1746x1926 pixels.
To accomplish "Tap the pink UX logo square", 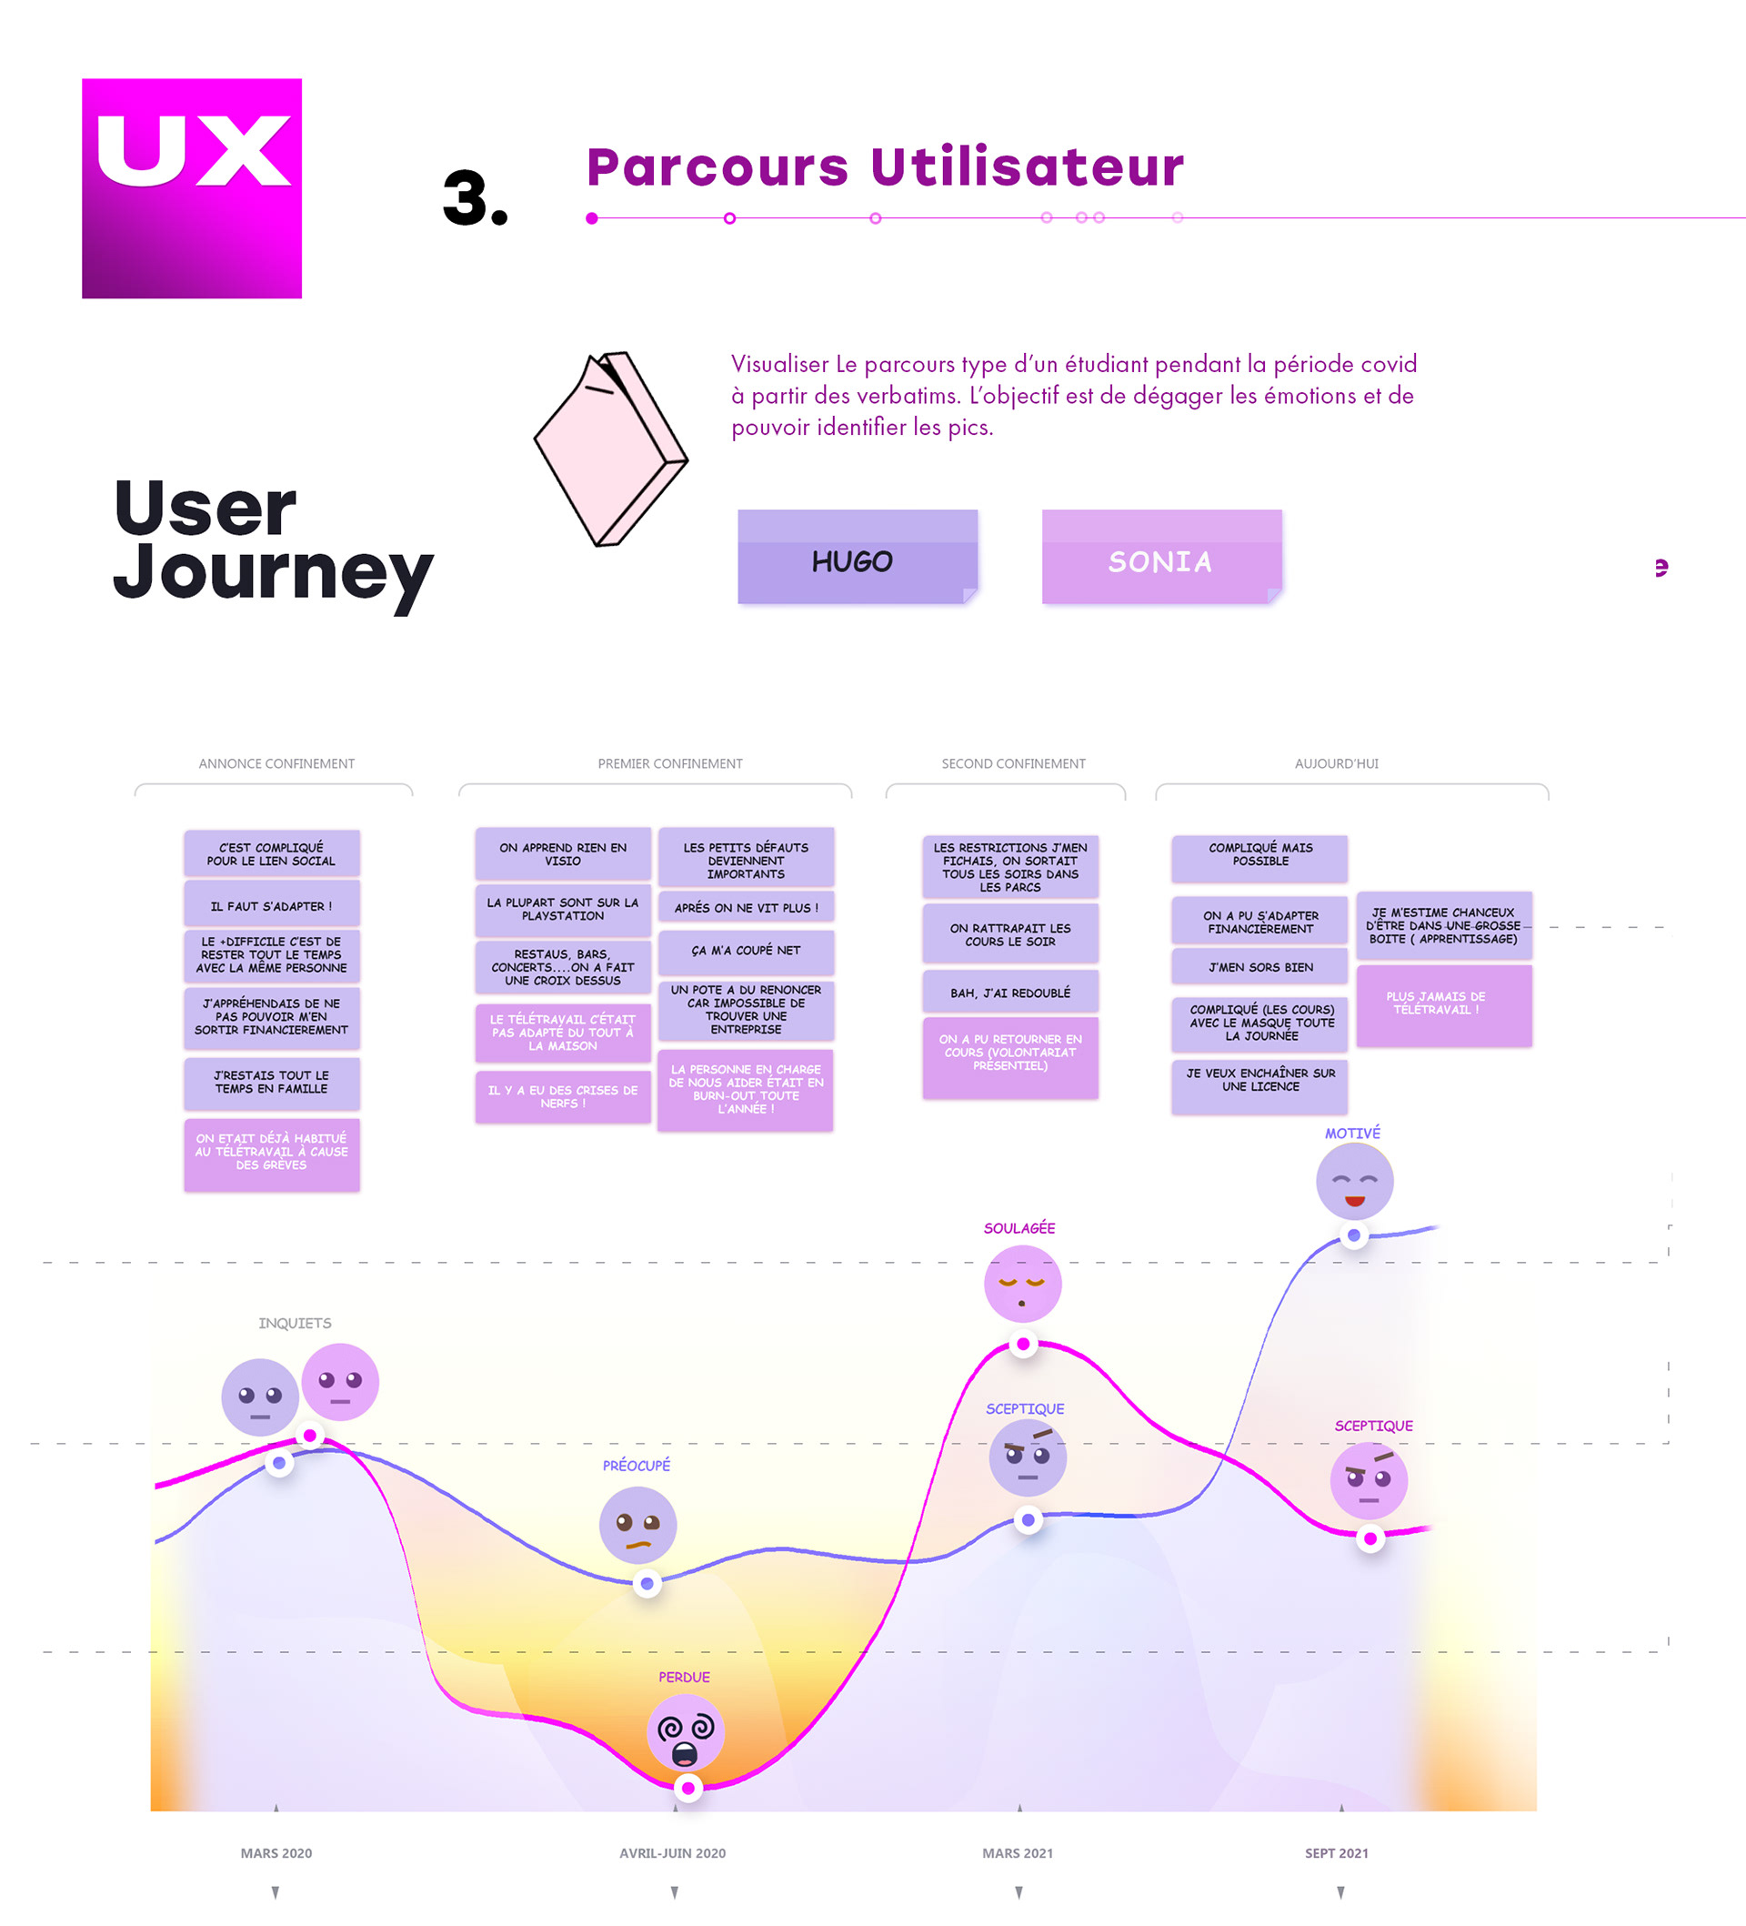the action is coord(191,188).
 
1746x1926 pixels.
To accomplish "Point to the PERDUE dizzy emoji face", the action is coord(685,1731).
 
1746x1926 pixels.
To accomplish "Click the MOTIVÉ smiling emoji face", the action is coord(1353,1181).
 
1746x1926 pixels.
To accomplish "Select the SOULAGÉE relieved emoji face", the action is coord(1022,1284).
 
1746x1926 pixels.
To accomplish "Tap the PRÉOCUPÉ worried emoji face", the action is coord(637,1525).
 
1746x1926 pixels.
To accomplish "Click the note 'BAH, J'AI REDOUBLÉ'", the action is coord(1009,993).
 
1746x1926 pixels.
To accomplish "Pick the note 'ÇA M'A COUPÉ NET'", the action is coord(745,951).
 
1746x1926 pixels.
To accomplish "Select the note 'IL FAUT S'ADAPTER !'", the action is coord(271,905).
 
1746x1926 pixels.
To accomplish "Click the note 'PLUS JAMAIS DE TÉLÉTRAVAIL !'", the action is coord(1443,1004).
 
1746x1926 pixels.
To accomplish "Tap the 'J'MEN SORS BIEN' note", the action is coord(1259,967).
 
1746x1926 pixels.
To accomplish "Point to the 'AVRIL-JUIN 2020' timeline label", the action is coord(671,1852).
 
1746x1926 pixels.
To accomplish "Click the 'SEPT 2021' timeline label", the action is coord(1335,1852).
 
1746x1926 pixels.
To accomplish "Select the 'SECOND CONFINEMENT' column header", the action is coord(1012,763).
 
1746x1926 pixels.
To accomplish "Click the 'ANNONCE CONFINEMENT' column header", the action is coord(276,763).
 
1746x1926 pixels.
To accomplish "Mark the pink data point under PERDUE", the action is coord(687,1788).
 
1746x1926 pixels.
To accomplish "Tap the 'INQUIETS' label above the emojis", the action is coord(295,1323).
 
